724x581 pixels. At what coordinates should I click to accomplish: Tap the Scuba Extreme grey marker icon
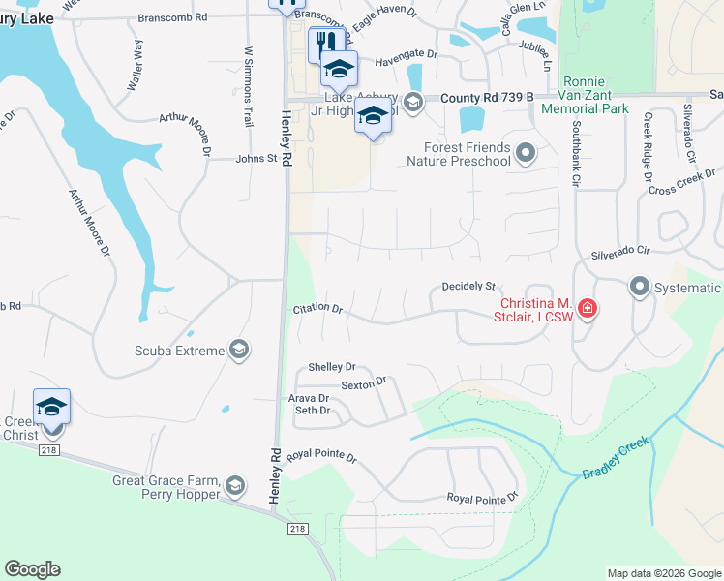[x=239, y=351]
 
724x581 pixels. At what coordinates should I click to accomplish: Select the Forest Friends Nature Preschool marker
[x=526, y=152]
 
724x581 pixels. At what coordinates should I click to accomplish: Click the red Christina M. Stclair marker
[x=587, y=310]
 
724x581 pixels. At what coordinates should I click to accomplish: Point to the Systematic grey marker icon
[x=639, y=287]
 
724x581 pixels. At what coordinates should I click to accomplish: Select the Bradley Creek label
[x=616, y=459]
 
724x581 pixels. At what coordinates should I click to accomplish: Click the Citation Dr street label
[x=318, y=309]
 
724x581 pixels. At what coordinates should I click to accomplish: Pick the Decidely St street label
[x=468, y=287]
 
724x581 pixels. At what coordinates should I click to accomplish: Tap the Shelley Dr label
[x=332, y=367]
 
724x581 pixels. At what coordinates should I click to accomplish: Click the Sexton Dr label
[x=363, y=382]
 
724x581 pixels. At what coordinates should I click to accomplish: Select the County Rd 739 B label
[x=488, y=99]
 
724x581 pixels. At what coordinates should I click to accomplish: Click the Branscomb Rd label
[x=173, y=17]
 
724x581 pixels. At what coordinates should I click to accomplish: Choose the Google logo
[x=32, y=569]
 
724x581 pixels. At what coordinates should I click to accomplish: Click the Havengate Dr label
[x=392, y=57]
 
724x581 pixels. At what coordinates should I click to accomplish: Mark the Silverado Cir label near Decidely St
[x=619, y=251]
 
